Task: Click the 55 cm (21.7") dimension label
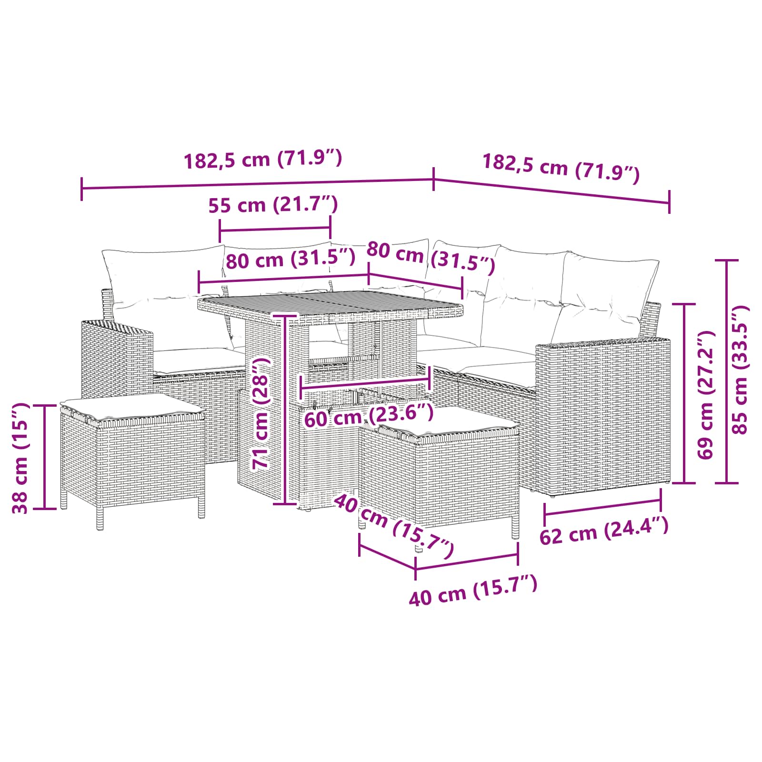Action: (273, 205)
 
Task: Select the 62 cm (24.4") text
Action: (604, 531)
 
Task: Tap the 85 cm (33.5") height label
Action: (740, 370)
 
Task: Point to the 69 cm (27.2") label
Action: (705, 395)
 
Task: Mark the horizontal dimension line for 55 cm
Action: (275, 229)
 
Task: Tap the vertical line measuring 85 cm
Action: (727, 371)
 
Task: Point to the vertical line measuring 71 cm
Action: (284, 410)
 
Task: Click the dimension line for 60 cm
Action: (365, 381)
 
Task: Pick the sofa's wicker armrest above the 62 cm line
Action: (602, 410)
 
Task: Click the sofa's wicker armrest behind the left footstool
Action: (117, 355)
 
